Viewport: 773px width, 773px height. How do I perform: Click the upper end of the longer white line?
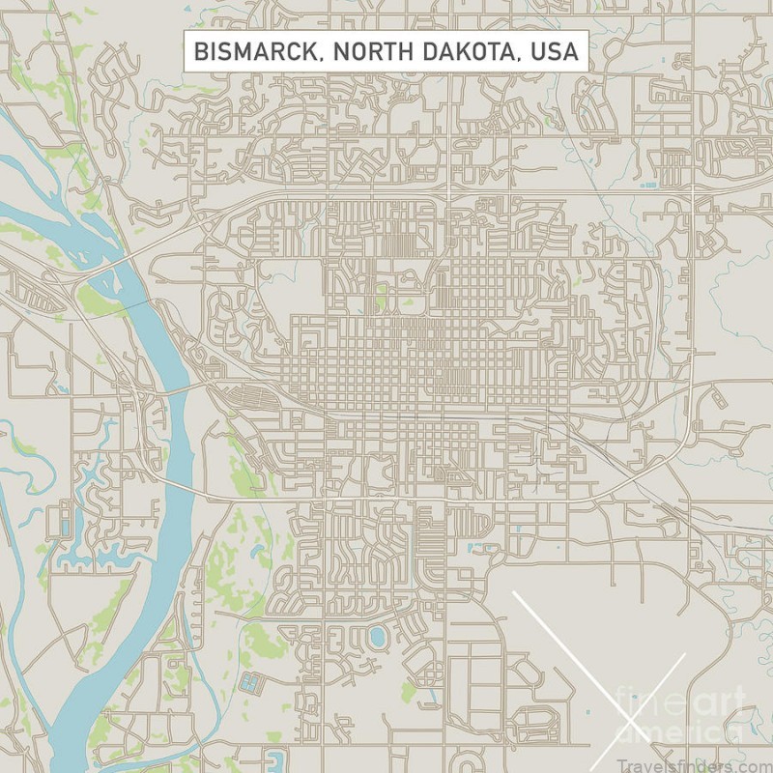point(513,591)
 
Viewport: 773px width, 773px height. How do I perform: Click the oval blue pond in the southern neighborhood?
point(377,636)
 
